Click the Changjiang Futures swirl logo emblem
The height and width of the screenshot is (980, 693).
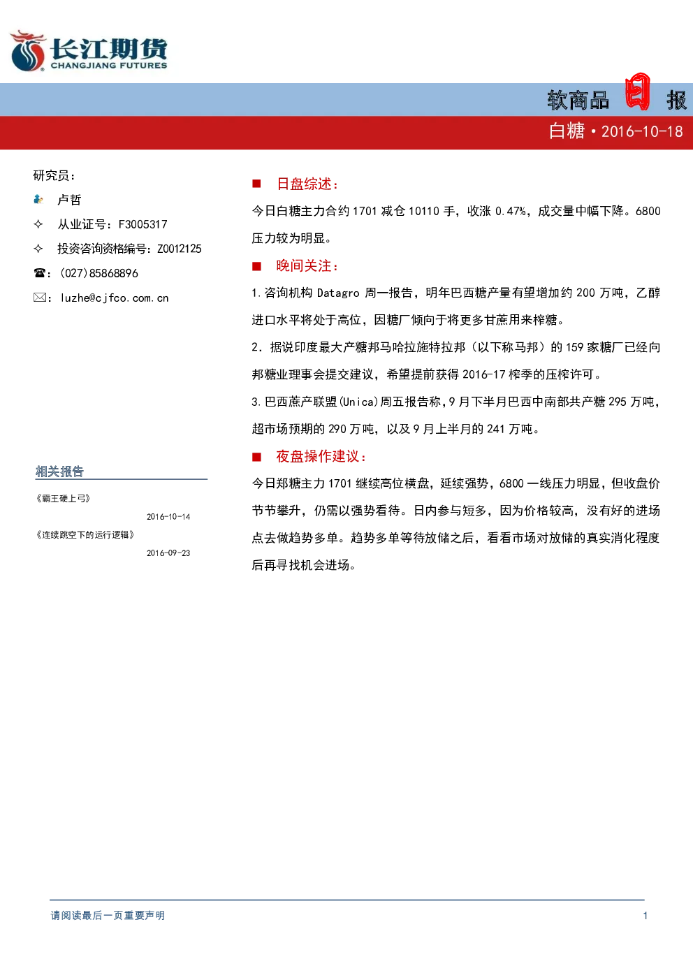click(28, 50)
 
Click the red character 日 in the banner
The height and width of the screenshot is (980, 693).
click(637, 92)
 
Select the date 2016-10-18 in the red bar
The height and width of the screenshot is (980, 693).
click(642, 132)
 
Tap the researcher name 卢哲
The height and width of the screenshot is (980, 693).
click(70, 200)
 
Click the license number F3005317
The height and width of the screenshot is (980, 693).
click(143, 224)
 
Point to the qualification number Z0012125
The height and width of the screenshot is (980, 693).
click(180, 249)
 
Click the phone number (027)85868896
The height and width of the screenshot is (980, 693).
click(99, 273)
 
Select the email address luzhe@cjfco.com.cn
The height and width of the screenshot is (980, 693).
click(115, 298)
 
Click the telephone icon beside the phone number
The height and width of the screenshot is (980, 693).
click(39, 273)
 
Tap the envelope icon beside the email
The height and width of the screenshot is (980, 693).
click(39, 298)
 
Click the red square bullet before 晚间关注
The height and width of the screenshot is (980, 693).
click(257, 266)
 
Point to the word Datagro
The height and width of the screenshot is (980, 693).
click(338, 293)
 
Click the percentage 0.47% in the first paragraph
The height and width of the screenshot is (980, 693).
click(511, 212)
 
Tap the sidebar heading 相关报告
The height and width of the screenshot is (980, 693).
click(59, 471)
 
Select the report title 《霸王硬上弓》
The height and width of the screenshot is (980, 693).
click(63, 498)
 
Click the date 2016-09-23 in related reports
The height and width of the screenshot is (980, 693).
click(168, 553)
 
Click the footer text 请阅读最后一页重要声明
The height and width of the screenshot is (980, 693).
click(108, 915)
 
